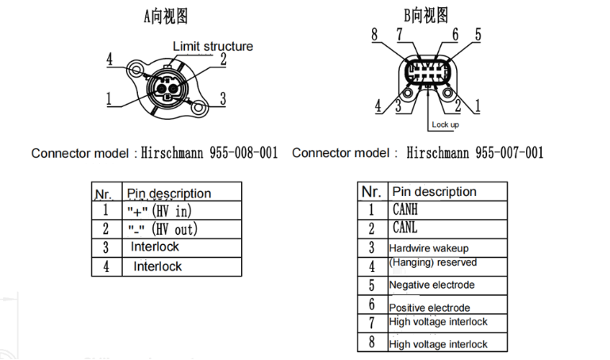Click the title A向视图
pos(165,15)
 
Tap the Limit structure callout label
pos(213,46)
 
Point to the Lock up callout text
pos(444,124)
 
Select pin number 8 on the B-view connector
pos(374,34)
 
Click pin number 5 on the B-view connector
pos(478,34)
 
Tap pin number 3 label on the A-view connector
pos(223,98)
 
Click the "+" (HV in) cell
pos(159,211)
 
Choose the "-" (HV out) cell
pos(163,229)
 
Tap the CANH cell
pos(405,210)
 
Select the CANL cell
pos(405,228)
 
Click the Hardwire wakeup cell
pos(428,248)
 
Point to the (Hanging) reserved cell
pos(432,262)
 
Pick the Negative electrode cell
pos(432,285)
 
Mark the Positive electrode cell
pos(429,307)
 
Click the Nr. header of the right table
pos(371,192)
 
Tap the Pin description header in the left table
pos(169,193)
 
